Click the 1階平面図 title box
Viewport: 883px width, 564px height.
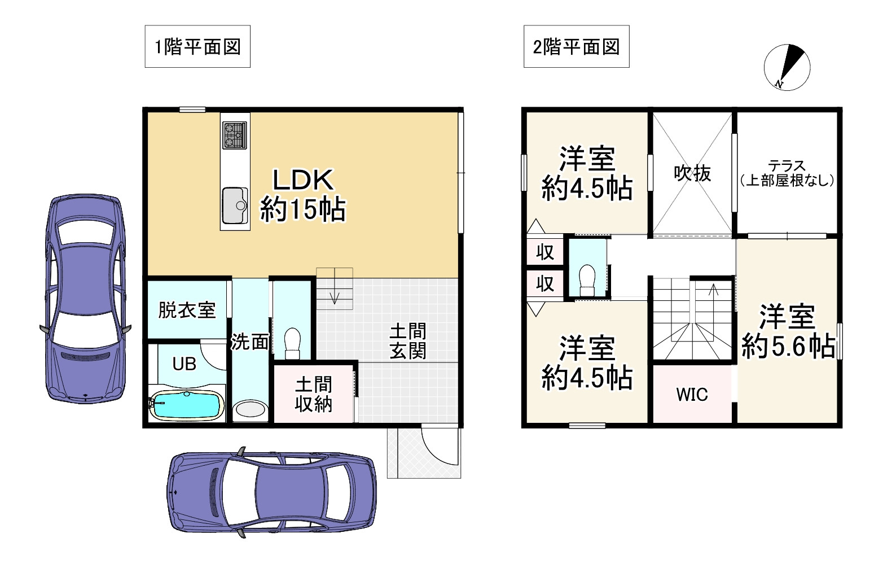[x=197, y=47]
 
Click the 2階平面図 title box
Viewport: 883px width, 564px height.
[x=576, y=47]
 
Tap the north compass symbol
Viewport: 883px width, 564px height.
[x=787, y=67]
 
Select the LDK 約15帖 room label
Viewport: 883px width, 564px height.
[x=302, y=195]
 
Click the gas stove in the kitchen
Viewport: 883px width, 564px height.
[x=235, y=135]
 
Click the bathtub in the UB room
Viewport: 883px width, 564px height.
[x=186, y=406]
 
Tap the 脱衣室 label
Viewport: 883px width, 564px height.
[x=187, y=310]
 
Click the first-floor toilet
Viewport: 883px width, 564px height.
[x=292, y=343]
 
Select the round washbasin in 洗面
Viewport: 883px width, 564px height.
[x=250, y=409]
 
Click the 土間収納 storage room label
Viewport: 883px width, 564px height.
[x=314, y=395]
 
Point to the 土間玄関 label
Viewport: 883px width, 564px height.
[x=408, y=341]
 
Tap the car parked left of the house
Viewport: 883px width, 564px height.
[x=85, y=299]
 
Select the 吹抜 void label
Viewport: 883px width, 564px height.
[x=692, y=173]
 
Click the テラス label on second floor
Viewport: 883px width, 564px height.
[x=787, y=173]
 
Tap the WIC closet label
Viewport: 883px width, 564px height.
[x=692, y=395]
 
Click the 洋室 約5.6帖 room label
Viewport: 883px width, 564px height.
[x=788, y=331]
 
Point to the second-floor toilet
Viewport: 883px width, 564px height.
[x=587, y=280]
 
